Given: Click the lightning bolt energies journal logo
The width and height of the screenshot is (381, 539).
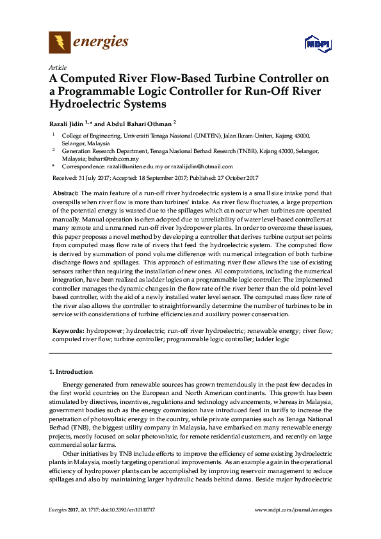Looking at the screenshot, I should click(60, 43).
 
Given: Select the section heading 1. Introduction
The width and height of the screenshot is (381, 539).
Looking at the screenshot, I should click(71, 372).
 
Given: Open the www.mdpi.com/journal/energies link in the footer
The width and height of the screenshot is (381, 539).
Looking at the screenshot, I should click(293, 509).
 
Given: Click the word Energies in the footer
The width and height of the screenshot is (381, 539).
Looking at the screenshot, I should click(58, 509).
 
